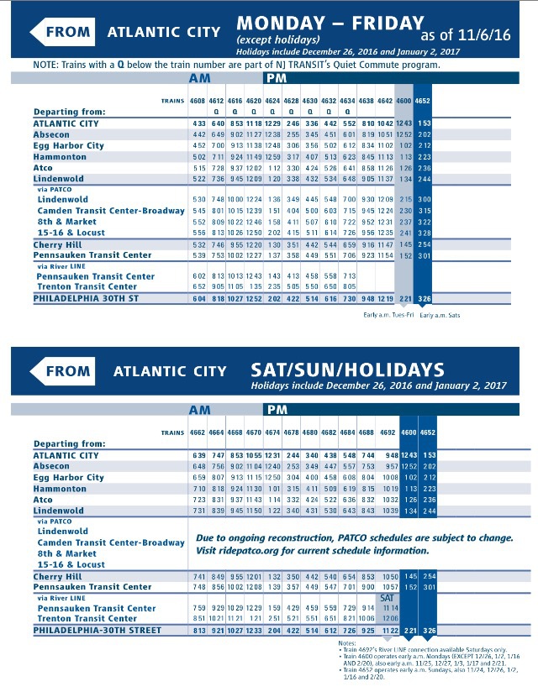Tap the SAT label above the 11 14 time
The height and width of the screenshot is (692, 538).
pyautogui.click(x=388, y=597)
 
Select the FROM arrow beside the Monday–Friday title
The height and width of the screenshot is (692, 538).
pyautogui.click(x=62, y=33)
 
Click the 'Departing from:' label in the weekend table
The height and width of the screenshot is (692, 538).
pyautogui.click(x=70, y=443)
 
